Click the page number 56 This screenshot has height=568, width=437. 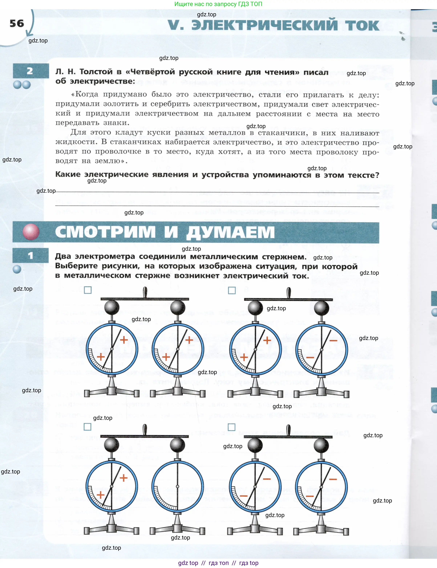click(17, 23)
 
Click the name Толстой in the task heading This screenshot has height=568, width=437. click(98, 72)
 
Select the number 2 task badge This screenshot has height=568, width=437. click(30, 71)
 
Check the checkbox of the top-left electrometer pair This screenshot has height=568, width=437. click(88, 290)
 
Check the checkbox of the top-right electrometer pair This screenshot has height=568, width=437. click(232, 290)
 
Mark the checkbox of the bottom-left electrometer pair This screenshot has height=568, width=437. click(87, 427)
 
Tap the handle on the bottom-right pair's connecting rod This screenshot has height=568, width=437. click(288, 430)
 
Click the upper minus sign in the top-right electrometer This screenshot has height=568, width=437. click(333, 340)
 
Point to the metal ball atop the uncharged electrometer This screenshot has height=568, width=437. click(177, 445)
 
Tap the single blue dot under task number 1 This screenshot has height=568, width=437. click(17, 269)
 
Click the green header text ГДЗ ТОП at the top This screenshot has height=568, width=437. click(250, 4)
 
